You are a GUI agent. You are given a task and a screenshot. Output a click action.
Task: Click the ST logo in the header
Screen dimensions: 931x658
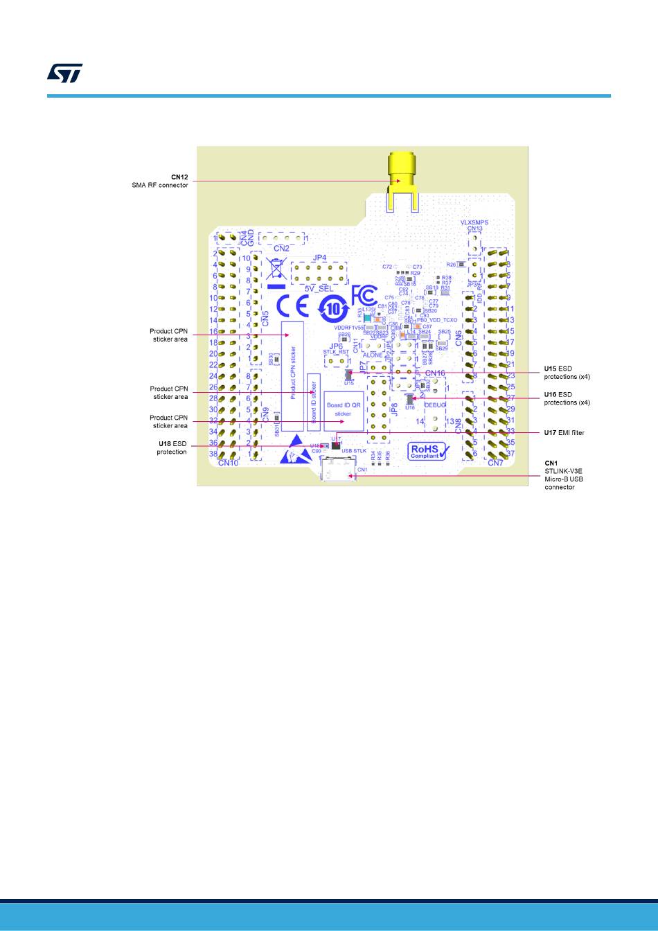(x=64, y=73)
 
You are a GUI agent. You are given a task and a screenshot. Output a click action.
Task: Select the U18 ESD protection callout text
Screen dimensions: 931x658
(x=172, y=447)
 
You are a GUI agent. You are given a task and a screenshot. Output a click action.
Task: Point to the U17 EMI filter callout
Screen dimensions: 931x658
(x=564, y=433)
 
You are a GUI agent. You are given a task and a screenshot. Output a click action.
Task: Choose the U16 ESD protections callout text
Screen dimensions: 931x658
(x=567, y=398)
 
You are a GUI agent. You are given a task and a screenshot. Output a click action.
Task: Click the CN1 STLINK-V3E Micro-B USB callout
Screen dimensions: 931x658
(x=560, y=475)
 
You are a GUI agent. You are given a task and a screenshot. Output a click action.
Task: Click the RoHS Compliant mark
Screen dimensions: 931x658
(x=430, y=452)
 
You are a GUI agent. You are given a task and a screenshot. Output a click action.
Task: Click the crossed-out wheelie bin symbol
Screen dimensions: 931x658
(x=276, y=269)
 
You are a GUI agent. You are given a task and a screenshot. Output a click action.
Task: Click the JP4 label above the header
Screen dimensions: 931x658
(x=319, y=257)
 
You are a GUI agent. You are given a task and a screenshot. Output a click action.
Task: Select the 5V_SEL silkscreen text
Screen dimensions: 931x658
(x=319, y=288)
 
